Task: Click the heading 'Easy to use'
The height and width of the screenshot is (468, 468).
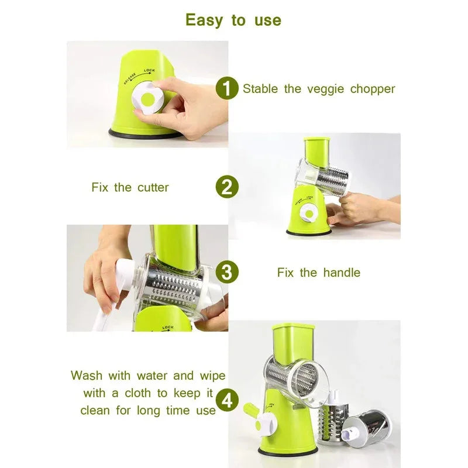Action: tap(233, 20)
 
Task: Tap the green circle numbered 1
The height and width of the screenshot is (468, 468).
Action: tap(227, 89)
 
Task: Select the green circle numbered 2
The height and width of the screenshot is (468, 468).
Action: tap(227, 187)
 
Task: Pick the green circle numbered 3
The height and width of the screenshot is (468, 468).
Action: tap(227, 273)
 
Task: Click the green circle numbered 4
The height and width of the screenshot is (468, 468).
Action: tap(227, 401)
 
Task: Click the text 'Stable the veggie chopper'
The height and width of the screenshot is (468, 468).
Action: tap(319, 89)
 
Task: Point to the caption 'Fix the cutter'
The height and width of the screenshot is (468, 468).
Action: tap(130, 188)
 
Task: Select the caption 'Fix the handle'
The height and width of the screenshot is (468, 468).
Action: tap(318, 273)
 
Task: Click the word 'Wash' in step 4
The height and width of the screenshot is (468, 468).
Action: tap(87, 376)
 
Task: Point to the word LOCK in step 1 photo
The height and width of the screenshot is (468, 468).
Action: tap(150, 71)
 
